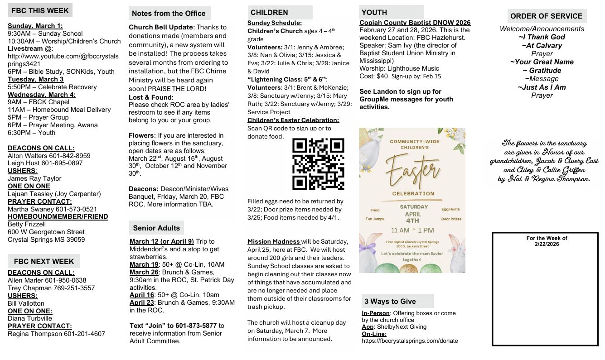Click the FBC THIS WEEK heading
(40, 10)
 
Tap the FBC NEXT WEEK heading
(44, 261)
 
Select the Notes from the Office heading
(169, 14)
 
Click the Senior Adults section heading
(156, 228)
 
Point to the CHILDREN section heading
(269, 12)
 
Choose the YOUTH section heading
(374, 12)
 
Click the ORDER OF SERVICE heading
(546, 16)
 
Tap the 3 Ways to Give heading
(390, 301)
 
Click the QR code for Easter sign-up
(318, 164)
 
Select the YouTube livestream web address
(63, 60)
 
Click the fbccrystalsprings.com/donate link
(410, 341)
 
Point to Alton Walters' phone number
(70, 155)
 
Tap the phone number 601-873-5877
(196, 326)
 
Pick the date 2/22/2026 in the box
(547, 244)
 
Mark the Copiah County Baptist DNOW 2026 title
(415, 23)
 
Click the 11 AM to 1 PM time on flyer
(412, 230)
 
